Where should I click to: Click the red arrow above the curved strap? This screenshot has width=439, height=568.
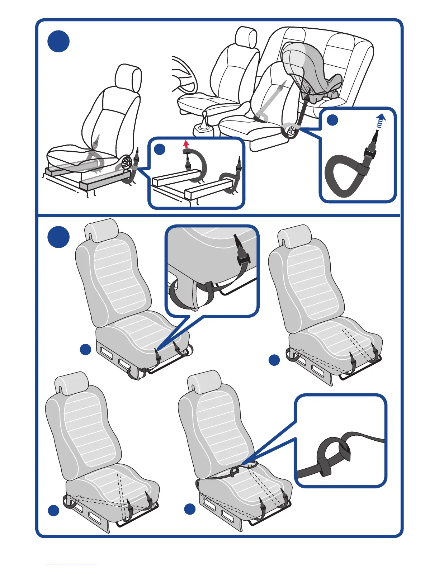[186, 144]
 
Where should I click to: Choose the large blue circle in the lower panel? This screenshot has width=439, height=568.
[58, 237]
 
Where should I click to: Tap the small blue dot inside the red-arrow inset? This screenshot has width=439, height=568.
[160, 149]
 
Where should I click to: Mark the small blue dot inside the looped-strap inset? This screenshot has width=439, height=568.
[332, 120]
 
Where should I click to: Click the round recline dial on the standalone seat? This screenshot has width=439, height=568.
[127, 164]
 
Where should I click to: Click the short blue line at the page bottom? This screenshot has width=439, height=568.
[71, 565]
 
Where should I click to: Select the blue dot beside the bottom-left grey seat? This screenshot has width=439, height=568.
[53, 511]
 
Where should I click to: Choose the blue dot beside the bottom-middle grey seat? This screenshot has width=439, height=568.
[190, 509]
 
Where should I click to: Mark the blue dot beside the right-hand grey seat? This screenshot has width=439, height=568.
[274, 360]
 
